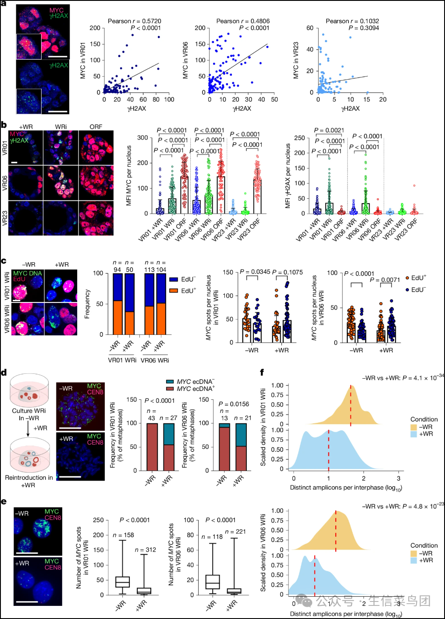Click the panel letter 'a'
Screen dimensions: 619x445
click(x=4, y=4)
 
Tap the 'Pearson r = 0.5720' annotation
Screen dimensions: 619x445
click(x=134, y=21)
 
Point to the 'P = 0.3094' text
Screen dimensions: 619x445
click(x=363, y=28)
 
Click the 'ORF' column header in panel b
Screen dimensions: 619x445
click(x=96, y=127)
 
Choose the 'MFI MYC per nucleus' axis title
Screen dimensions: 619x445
click(x=129, y=176)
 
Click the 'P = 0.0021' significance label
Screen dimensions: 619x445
click(x=329, y=130)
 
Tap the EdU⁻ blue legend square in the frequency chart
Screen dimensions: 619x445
click(x=174, y=279)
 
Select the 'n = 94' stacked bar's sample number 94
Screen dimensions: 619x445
click(x=117, y=270)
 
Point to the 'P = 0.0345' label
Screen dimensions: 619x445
click(x=255, y=272)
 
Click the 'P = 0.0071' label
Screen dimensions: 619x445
click(x=384, y=280)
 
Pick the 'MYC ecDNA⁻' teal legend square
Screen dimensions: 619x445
click(x=170, y=382)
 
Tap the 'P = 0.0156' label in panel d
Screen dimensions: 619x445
click(x=233, y=404)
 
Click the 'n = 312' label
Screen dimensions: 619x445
click(x=145, y=550)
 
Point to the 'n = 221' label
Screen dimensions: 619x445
click(x=235, y=531)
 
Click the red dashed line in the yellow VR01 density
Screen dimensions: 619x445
click(x=351, y=405)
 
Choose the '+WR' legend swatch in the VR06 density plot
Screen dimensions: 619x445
click(x=413, y=560)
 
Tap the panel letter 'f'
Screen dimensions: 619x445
click(x=262, y=373)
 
